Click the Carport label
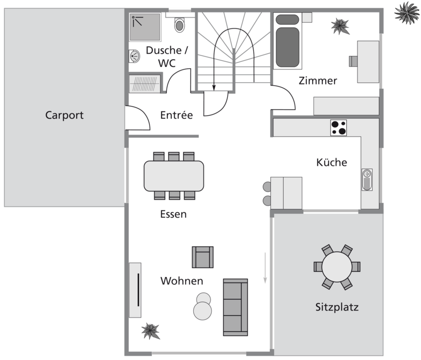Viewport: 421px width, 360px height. pos(64,115)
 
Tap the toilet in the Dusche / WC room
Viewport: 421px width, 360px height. pos(179,25)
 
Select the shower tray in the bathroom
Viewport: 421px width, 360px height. pos(145,27)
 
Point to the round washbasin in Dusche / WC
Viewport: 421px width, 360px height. pos(135,56)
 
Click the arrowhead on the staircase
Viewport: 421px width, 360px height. pos(214,88)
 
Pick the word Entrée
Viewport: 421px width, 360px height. pos(177,115)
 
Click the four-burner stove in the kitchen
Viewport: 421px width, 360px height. pos(338,128)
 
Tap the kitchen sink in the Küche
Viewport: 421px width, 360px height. pos(367,180)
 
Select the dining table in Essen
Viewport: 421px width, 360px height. pos(174,176)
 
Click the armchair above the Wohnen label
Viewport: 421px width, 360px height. pos(203,257)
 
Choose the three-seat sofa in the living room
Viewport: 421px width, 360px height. pos(235,307)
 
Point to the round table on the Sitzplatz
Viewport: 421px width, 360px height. pos(337,266)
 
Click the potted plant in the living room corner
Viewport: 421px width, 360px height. pos(151,331)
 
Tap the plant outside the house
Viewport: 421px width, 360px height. pos(407,12)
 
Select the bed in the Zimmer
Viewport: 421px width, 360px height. pos(287,40)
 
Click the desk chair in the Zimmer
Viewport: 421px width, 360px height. pos(353,61)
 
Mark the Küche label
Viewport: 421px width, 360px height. pos(332,163)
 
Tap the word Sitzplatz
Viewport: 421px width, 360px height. pos(337,307)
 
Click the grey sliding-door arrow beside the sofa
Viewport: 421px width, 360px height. pos(265,267)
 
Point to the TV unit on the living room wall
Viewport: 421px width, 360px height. pos(135,290)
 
